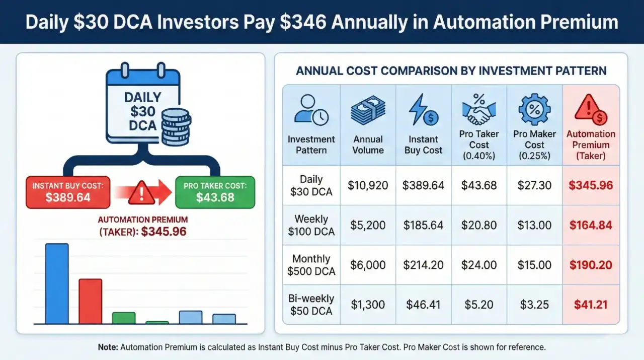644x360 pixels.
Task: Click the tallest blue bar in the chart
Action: point(57,283)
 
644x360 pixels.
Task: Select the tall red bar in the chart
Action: point(90,301)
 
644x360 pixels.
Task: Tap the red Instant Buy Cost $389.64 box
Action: point(68,192)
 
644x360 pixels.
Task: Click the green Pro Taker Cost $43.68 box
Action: point(215,192)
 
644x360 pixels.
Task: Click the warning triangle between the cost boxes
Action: point(141,193)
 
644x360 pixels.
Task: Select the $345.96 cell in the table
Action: point(591,185)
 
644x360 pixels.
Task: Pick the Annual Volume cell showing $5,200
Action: point(368,225)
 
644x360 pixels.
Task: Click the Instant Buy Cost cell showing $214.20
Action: point(423,265)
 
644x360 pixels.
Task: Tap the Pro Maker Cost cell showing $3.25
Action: point(534,305)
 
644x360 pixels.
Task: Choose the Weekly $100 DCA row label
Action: point(311,225)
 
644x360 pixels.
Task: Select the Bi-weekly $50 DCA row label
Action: point(311,305)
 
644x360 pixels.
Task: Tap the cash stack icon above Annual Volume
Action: point(368,110)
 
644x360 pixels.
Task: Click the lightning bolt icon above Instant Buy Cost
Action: point(423,110)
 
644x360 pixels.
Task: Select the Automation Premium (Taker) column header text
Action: point(591,145)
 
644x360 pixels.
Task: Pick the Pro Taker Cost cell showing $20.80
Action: point(479,225)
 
